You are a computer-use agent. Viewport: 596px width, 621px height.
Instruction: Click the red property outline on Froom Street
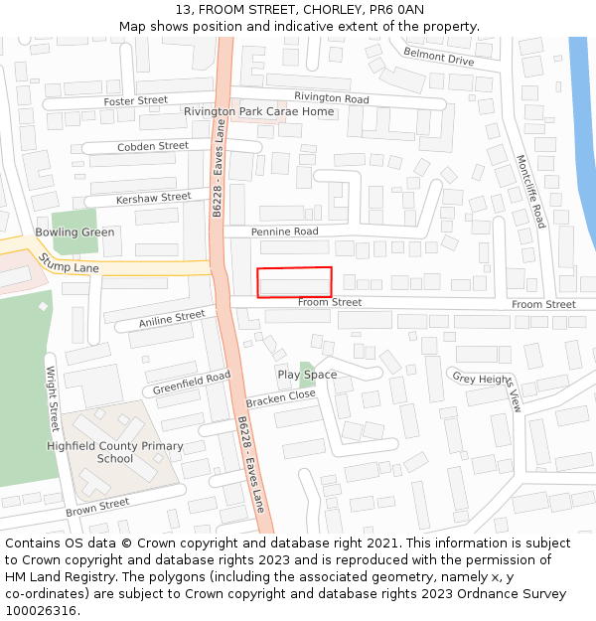(x=294, y=282)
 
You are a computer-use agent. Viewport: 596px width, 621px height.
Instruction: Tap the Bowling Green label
(x=74, y=232)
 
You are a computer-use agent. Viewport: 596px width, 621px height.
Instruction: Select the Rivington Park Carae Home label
(x=259, y=111)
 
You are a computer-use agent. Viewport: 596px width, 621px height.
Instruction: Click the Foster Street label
(x=136, y=100)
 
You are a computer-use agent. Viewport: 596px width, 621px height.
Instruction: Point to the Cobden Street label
(x=153, y=146)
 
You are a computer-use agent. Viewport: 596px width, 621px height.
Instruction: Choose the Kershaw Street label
(x=153, y=198)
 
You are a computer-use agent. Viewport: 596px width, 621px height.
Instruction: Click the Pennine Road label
(x=284, y=232)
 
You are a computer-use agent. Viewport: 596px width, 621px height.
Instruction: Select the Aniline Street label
(x=172, y=319)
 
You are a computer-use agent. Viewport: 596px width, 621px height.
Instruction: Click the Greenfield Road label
(x=192, y=382)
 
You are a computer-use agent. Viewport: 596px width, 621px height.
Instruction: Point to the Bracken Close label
(x=280, y=396)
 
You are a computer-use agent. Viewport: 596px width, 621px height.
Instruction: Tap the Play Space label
(x=307, y=375)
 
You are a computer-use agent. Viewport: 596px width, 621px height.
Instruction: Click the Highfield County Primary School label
(x=115, y=452)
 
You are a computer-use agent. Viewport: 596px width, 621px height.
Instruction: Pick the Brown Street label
(x=97, y=507)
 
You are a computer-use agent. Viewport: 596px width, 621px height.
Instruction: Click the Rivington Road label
(x=331, y=98)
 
